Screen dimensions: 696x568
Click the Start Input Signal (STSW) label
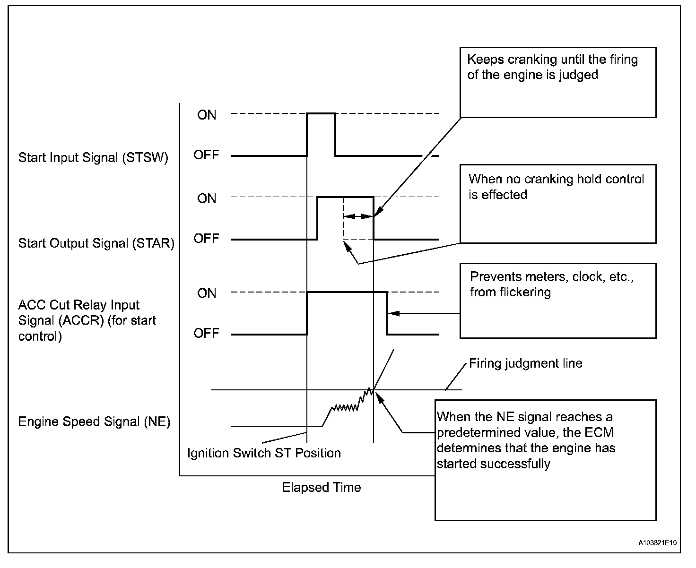click(x=93, y=158)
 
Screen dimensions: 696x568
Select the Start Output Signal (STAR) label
click(x=96, y=243)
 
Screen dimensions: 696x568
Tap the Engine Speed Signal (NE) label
click(x=94, y=422)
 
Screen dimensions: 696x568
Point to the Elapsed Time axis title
click(x=321, y=487)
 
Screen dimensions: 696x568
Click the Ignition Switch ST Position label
click(x=264, y=453)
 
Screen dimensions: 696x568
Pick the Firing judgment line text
click(x=525, y=363)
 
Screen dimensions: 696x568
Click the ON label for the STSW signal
click(x=207, y=115)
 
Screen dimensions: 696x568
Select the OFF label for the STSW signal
click(x=206, y=155)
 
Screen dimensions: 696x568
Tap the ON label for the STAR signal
click(x=207, y=198)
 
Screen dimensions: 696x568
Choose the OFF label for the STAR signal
click(x=206, y=238)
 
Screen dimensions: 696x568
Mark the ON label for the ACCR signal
click(x=207, y=293)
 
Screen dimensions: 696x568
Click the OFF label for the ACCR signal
click(x=206, y=333)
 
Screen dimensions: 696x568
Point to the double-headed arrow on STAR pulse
click(x=358, y=216)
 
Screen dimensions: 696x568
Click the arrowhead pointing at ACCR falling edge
click(x=394, y=313)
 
